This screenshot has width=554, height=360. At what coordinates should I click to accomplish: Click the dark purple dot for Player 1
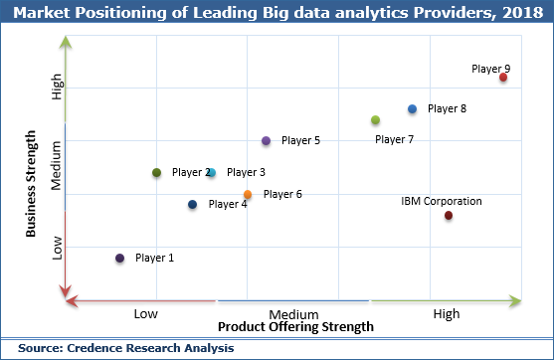coord(119,259)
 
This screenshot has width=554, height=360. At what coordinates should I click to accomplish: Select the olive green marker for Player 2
coord(156,173)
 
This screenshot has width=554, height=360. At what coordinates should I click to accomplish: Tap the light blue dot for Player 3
coord(211,173)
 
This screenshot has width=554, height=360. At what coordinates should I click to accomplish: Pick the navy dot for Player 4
coord(192,205)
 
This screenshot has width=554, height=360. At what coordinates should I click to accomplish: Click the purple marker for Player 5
coord(266,141)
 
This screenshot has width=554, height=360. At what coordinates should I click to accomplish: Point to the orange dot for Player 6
coord(248,195)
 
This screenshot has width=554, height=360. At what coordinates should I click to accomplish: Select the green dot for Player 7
coord(375,120)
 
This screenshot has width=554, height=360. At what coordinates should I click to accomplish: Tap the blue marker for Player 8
coord(412,108)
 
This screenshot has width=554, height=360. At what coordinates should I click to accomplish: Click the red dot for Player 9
coord(503,78)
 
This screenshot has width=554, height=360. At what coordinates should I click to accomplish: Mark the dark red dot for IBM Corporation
coord(449,216)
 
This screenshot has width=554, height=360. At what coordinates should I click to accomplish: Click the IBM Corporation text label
coord(442,201)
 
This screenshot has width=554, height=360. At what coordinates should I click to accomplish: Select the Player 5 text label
coord(300,141)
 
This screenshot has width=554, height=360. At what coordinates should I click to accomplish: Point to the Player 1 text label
coord(154,259)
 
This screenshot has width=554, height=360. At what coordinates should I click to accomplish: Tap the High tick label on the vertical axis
coord(58,90)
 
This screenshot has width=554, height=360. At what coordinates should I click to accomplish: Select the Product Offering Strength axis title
coord(295,327)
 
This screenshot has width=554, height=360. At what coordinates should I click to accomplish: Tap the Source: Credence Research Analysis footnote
coord(125,348)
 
